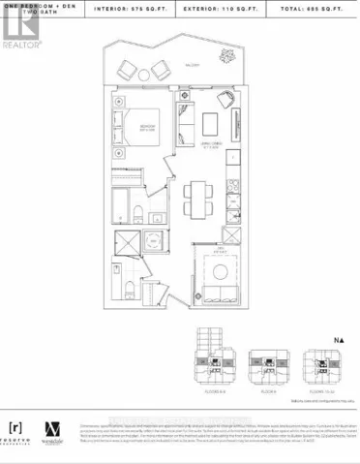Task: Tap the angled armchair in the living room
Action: (225, 99)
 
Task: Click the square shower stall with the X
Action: (127, 244)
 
